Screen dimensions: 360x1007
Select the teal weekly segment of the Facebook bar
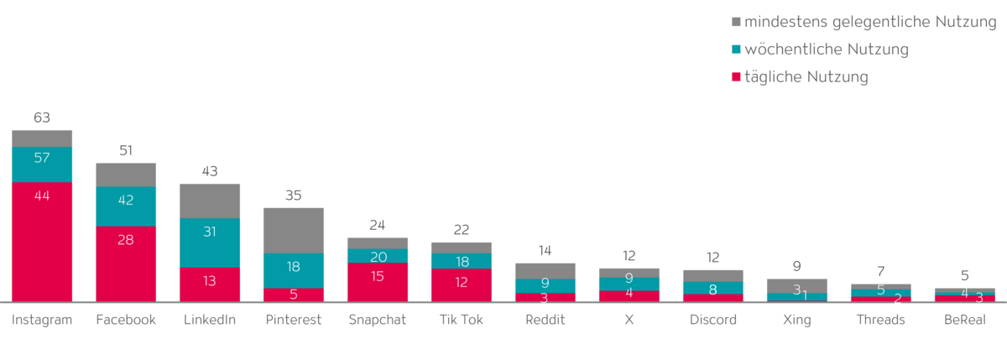tap(126, 206)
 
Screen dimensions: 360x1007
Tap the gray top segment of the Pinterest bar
tap(294, 229)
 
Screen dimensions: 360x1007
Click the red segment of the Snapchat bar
tap(378, 282)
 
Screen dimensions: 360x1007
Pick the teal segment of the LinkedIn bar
tap(210, 243)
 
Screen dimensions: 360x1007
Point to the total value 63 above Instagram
tap(42, 117)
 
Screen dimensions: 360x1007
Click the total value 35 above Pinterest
tap(294, 196)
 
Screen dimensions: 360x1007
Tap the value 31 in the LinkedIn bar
tap(210, 232)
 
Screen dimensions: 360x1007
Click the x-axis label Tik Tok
tap(461, 320)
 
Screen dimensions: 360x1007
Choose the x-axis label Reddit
tap(545, 320)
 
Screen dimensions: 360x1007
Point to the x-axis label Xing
tap(796, 320)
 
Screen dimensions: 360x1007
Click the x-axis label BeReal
tap(964, 320)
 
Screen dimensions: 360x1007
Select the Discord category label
tap(712, 320)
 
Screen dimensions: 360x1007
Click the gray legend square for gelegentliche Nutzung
tap(736, 21)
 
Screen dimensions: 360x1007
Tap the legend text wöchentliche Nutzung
tap(827, 50)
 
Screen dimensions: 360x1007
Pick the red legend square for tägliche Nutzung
tap(736, 78)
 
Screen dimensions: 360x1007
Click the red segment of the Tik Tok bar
tap(462, 284)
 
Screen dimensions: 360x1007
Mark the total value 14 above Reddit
tap(545, 250)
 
